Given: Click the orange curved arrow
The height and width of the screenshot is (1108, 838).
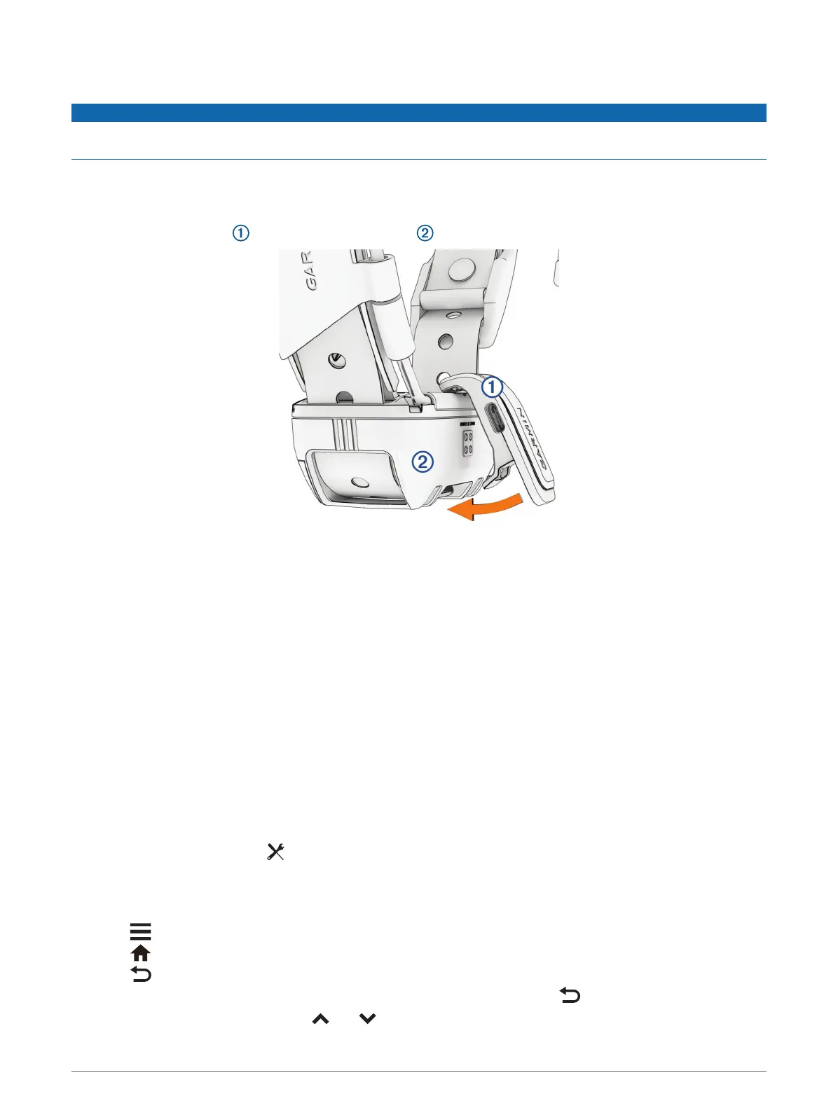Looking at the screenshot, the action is click(485, 507).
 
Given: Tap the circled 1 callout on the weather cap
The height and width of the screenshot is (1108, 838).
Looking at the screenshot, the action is click(493, 386).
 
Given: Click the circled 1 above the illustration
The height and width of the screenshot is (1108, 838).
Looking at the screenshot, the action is click(240, 233).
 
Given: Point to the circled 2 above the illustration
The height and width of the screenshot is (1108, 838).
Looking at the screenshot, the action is click(425, 233).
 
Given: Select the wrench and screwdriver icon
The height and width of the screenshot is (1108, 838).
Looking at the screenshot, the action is click(275, 852).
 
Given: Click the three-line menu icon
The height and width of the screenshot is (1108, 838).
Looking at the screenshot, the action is click(140, 932).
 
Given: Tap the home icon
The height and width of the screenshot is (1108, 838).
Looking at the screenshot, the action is click(141, 953).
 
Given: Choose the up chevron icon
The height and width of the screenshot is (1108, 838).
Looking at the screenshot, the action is click(320, 1019).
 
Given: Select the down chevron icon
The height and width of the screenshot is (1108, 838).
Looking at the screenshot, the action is click(367, 1019).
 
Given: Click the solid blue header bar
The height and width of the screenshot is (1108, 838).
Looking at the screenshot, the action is click(418, 113).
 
